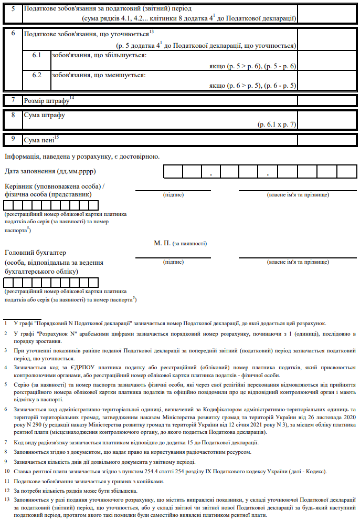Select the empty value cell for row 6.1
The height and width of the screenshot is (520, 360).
click(329, 60)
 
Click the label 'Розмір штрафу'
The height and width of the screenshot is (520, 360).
click(47, 100)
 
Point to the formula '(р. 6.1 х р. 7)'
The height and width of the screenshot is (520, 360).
click(277, 125)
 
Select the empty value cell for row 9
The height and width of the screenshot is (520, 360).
click(329, 140)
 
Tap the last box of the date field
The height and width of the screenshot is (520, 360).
click(347, 172)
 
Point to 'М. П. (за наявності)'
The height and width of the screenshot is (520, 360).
click(181, 244)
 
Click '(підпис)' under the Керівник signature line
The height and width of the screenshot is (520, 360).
click(173, 195)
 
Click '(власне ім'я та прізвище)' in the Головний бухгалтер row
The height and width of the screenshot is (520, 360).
click(298, 261)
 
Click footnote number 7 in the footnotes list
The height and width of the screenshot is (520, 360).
click(5, 442)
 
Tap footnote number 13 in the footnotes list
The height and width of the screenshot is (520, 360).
click(6, 500)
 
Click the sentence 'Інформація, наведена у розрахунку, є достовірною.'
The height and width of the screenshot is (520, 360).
click(82, 156)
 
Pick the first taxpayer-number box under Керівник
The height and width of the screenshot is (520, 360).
click(9, 205)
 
